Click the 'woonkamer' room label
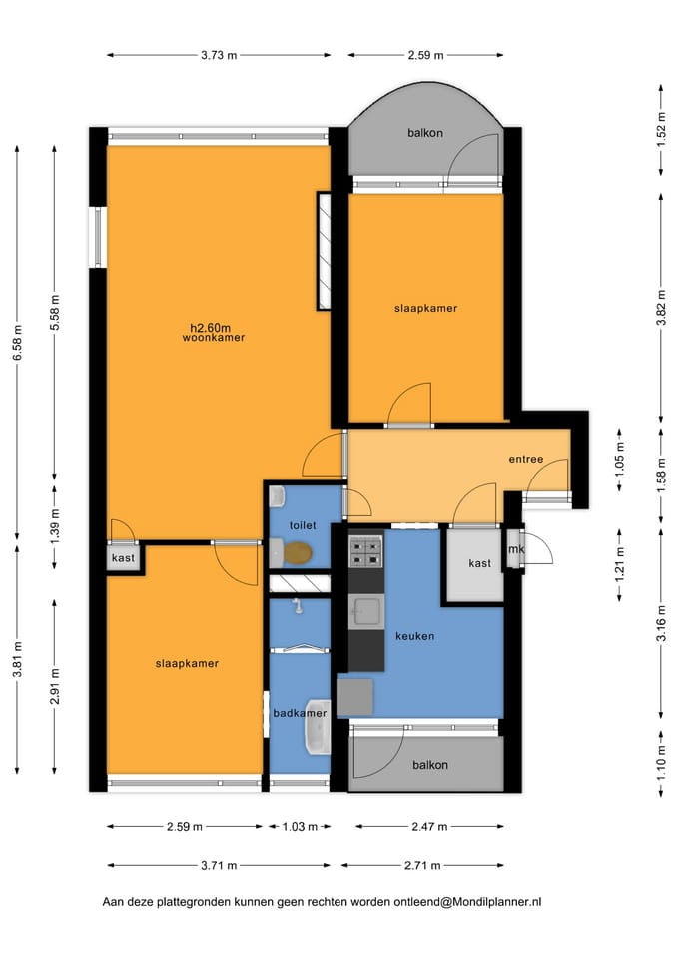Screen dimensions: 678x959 pos(214,337)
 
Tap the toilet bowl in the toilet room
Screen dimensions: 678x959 pos(297,552)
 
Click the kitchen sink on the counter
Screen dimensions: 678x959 pos(366,612)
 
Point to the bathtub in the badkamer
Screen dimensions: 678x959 pos(318,728)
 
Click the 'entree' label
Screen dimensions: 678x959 pos(526,459)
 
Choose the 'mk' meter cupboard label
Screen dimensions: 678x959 pos(516,549)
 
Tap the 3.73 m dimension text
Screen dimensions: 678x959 pos(219,55)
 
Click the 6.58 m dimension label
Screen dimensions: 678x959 pos(17,342)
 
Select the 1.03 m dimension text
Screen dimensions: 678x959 pos(300,827)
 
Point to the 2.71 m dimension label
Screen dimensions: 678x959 pos(422,865)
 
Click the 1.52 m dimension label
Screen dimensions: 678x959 pos(661,129)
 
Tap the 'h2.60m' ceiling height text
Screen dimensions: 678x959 pos(211,328)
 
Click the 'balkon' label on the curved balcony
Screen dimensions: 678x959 pos(425,133)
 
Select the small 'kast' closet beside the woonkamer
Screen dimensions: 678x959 pos(123,557)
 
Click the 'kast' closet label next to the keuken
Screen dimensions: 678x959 pos(480,563)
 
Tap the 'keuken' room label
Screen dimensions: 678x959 pos(415,636)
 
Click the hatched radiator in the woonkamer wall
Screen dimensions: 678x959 pos(324,251)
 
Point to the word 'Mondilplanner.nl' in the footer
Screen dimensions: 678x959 pos(488,901)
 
